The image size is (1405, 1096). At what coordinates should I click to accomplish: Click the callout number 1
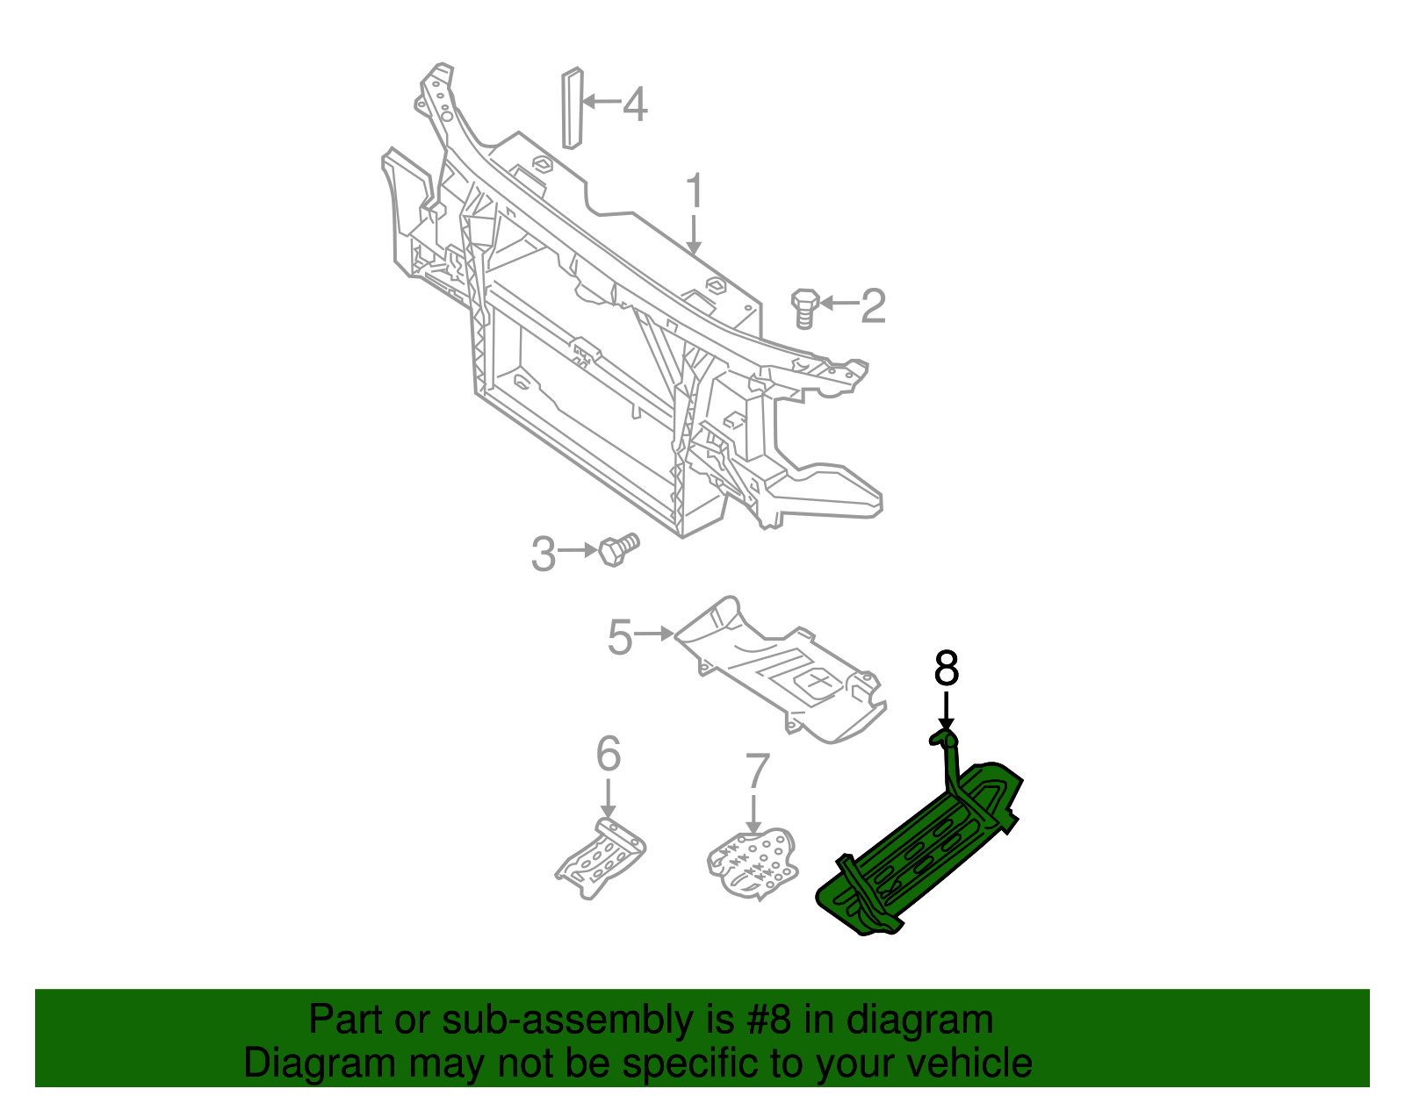[694, 191]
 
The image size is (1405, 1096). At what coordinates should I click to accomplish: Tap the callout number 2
[873, 305]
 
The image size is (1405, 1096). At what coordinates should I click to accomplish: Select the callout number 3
[544, 555]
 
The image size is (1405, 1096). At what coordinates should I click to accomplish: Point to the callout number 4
[635, 104]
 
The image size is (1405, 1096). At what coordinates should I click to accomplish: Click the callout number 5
[620, 637]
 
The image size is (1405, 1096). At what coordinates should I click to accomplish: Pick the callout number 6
[608, 754]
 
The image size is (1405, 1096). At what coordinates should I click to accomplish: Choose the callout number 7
[757, 771]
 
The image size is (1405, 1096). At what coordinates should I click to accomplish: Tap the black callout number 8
[946, 670]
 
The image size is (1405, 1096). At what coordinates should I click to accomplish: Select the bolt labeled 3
[617, 550]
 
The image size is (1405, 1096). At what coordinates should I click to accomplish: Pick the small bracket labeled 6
[602, 859]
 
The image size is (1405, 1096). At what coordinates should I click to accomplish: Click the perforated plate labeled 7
[754, 864]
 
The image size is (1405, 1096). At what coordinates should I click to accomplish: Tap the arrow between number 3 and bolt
[578, 550]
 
